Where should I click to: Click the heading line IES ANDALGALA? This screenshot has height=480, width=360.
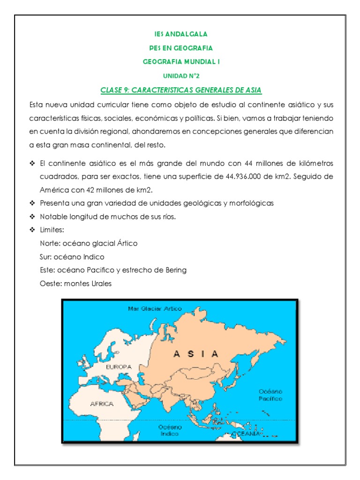(180, 34)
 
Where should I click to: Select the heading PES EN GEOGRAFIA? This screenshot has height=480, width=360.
(180, 48)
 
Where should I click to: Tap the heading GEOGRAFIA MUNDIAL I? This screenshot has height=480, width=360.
(180, 61)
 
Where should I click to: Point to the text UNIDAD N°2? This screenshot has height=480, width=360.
(180, 75)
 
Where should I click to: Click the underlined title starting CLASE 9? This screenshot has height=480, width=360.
(180, 90)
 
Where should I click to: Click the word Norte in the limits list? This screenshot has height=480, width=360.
(50, 244)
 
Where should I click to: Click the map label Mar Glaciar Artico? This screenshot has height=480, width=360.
(155, 309)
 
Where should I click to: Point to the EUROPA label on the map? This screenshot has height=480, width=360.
(119, 367)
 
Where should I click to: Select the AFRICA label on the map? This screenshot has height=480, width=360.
(103, 403)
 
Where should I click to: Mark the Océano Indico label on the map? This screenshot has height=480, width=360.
(170, 431)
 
